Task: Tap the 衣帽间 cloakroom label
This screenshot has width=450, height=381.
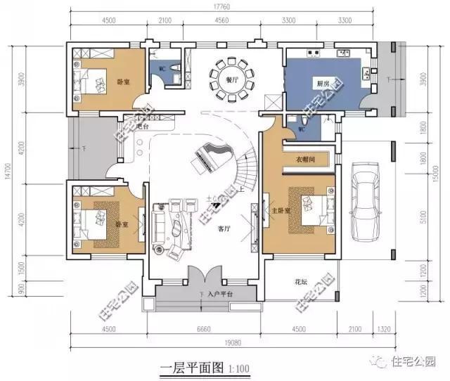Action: (x=304, y=160)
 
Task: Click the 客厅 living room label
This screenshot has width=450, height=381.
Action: (x=224, y=229)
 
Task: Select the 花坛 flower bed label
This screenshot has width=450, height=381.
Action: (x=300, y=283)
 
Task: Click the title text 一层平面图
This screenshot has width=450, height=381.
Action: (x=185, y=366)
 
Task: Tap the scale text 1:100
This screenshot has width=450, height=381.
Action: (x=238, y=367)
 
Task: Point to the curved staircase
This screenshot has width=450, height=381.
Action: (x=247, y=165)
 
